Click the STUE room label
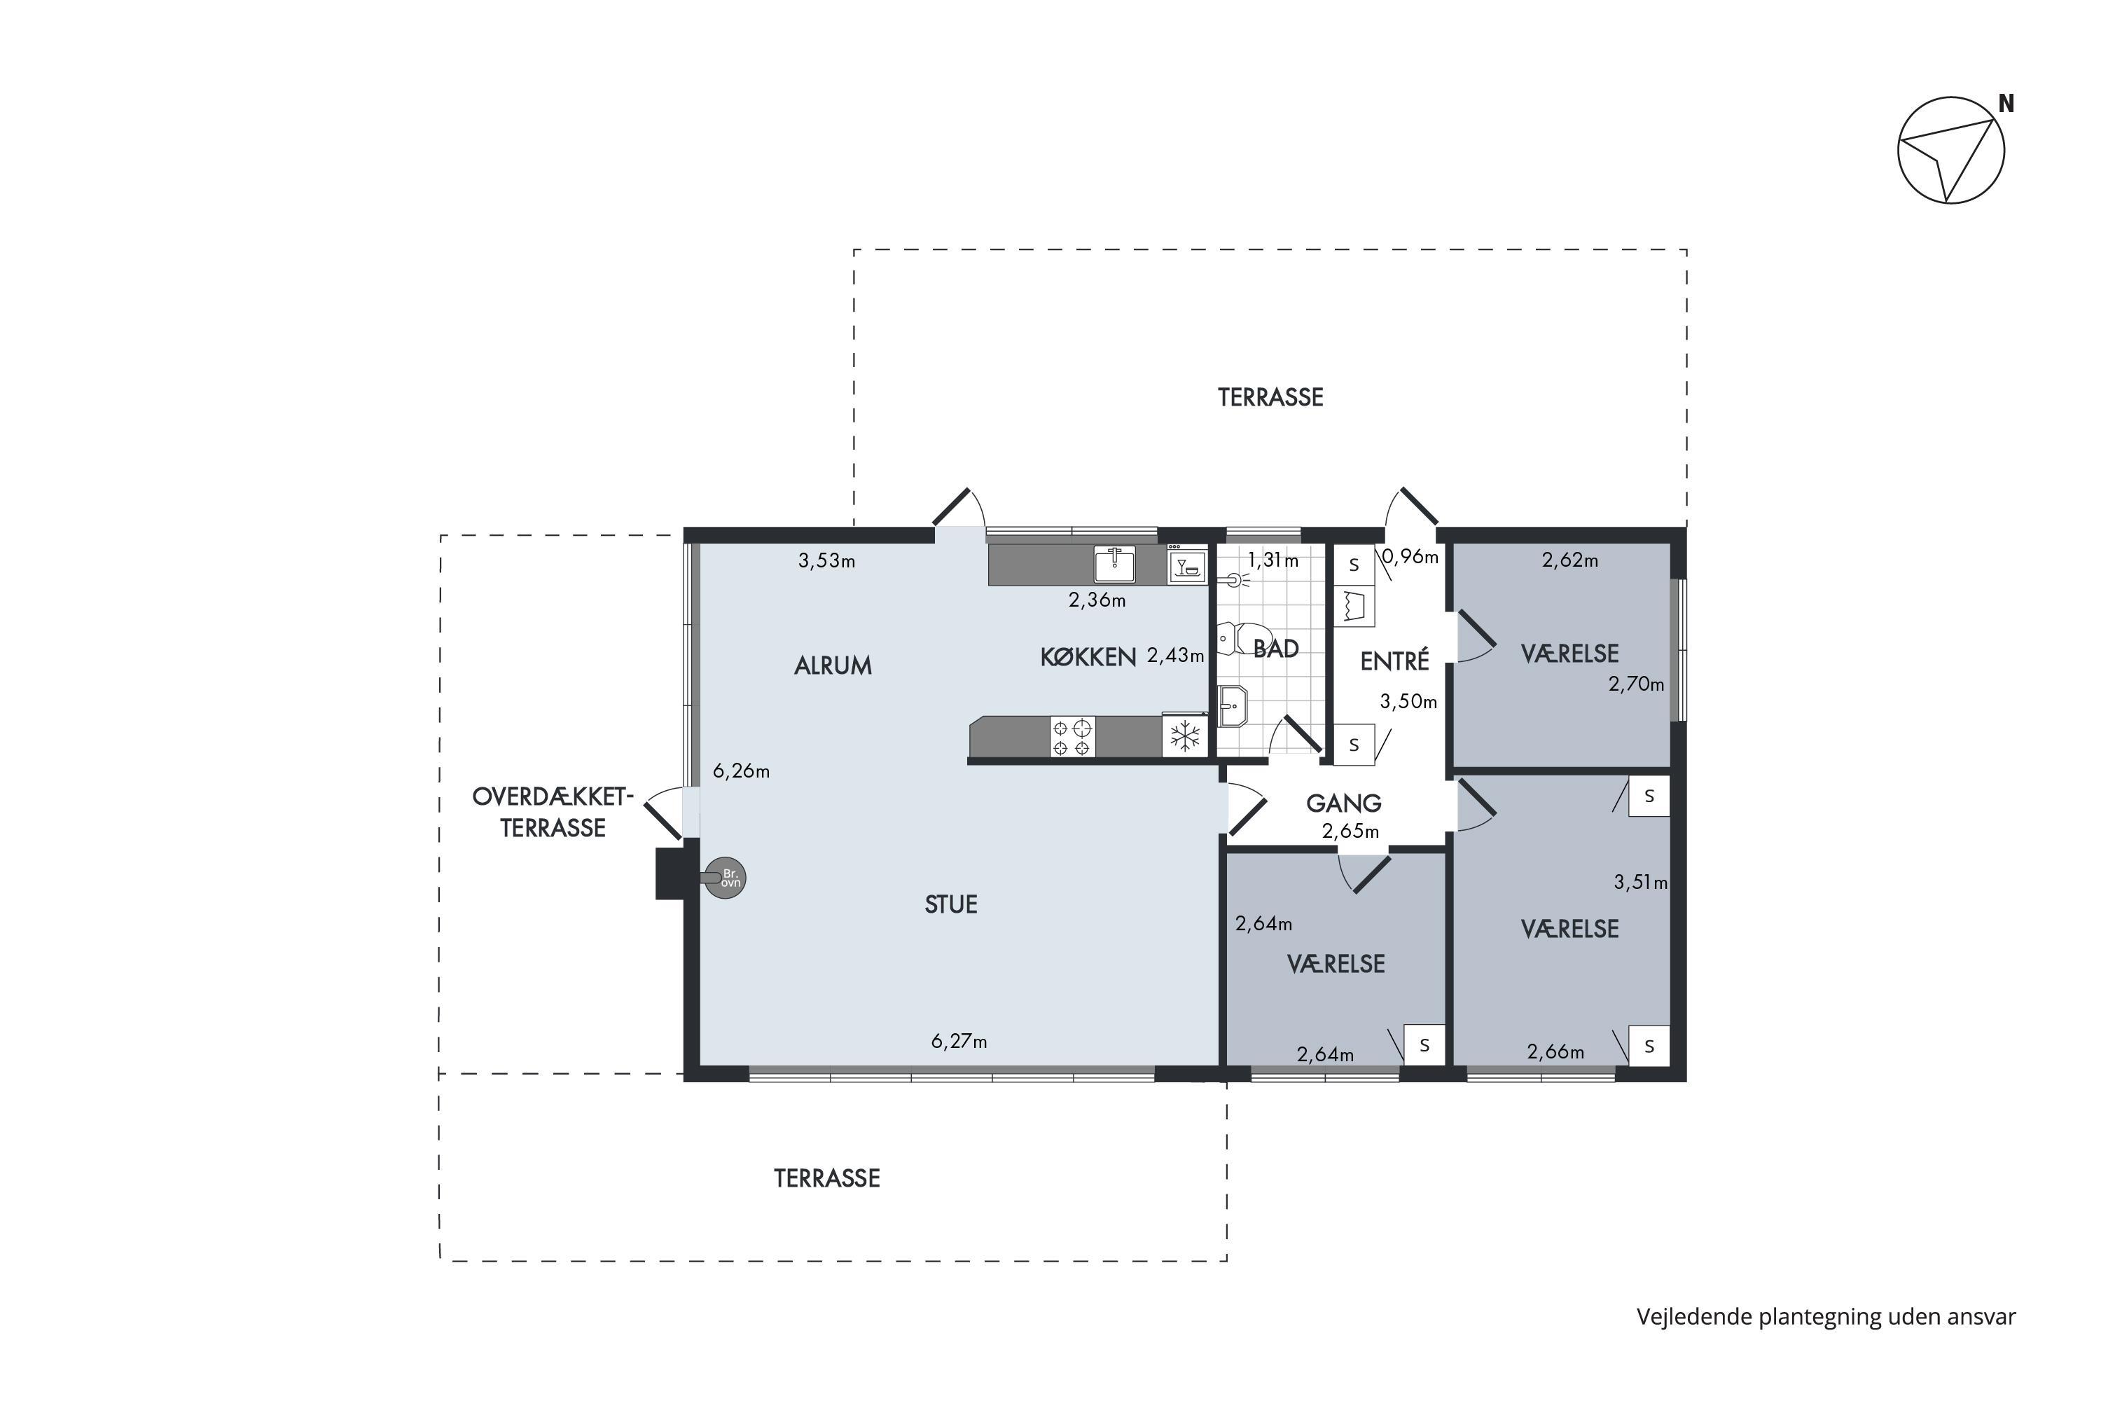(950, 904)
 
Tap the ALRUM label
(833, 665)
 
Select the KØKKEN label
(1088, 658)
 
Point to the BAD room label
(1275, 649)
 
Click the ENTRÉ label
(1394, 661)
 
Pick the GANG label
(1343, 803)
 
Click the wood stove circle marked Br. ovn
(726, 878)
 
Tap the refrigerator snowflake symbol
(1184, 736)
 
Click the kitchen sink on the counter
(1115, 564)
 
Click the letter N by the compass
(2006, 104)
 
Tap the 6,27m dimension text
(959, 1041)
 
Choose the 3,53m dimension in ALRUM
(826, 561)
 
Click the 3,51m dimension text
(1640, 883)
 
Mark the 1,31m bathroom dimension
(1273, 561)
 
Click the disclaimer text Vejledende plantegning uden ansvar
(1826, 1317)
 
